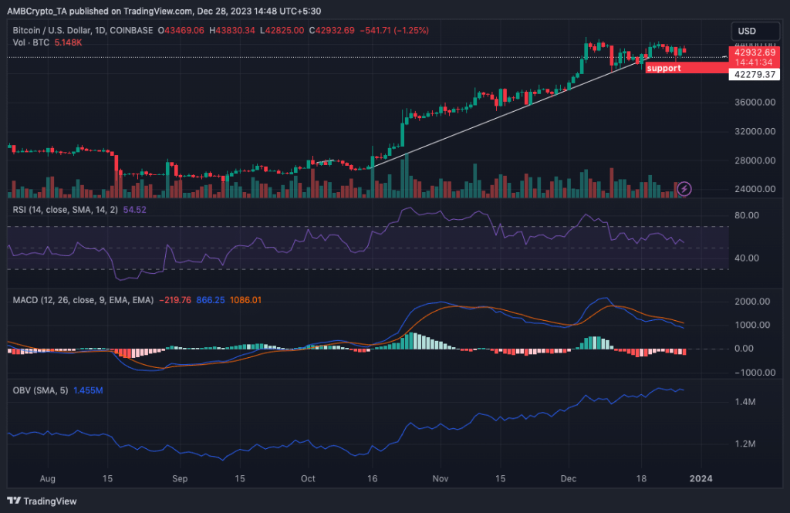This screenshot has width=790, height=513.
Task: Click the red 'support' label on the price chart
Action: (664, 68)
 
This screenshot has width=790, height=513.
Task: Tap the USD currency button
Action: (747, 31)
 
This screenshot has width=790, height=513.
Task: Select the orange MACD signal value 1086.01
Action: (248, 300)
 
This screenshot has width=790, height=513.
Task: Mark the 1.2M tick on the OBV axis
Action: (744, 444)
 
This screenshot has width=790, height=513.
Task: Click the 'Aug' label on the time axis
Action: (48, 478)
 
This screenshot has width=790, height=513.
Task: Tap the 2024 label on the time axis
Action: (701, 478)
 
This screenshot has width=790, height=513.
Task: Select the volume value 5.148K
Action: (67, 42)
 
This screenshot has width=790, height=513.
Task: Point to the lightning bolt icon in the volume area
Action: (684, 188)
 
